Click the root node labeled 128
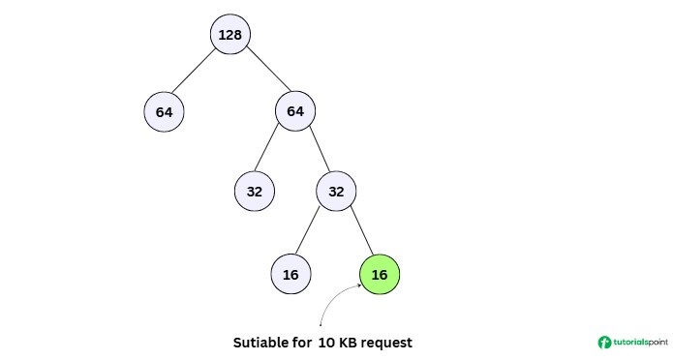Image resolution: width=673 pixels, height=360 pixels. [229, 35]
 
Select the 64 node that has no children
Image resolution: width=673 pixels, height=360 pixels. [164, 111]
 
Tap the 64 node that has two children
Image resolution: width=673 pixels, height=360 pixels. [294, 111]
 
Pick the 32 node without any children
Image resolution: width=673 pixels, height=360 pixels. [254, 191]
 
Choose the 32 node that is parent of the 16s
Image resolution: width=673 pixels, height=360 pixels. [336, 191]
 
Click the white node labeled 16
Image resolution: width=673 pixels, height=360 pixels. [290, 275]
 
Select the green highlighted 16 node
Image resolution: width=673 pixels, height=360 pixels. [379, 275]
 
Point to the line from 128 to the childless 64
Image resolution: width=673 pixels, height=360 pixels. [197, 73]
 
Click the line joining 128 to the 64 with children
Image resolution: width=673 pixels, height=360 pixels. [262, 73]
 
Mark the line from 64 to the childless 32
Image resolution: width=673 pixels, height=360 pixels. [274, 151]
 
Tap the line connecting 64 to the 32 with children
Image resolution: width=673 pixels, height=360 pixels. [316, 151]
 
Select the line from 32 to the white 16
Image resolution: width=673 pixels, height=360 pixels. [313, 232]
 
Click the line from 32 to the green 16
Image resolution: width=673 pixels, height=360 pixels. [357, 232]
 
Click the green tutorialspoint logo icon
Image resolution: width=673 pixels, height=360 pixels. [605, 343]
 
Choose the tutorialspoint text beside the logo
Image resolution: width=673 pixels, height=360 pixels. [640, 343]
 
